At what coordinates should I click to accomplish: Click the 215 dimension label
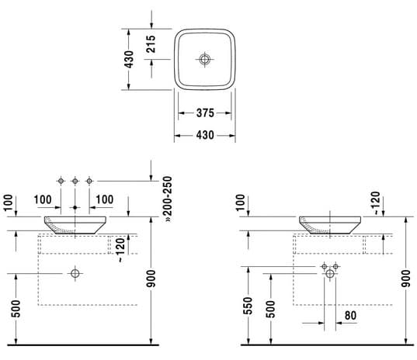[x=151, y=44]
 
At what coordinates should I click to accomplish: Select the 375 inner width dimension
[x=205, y=113]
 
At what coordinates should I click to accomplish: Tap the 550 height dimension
[x=248, y=306]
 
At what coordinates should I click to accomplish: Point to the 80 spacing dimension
[x=350, y=315]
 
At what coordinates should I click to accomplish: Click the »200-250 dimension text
[x=168, y=199]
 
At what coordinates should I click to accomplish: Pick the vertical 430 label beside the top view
[x=129, y=59]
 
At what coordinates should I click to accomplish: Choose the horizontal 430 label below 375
[x=205, y=135]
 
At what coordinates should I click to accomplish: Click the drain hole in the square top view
[x=204, y=59]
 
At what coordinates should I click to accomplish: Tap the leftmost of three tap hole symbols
[x=61, y=181]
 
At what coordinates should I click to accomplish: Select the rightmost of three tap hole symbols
[x=89, y=181]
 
